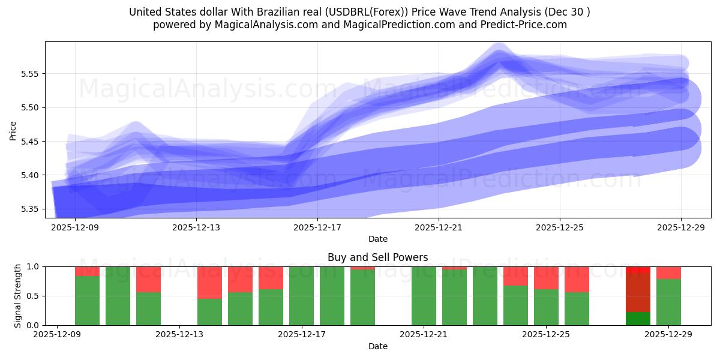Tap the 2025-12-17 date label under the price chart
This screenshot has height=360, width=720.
click(317, 228)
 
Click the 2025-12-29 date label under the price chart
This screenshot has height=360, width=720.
click(681, 228)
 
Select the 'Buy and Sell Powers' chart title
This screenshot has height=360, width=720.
click(377, 257)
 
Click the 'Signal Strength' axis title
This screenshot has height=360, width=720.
click(18, 295)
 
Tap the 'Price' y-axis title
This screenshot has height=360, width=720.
click(13, 130)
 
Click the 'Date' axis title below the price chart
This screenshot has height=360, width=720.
click(377, 239)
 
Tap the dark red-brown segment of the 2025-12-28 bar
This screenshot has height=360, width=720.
click(638, 293)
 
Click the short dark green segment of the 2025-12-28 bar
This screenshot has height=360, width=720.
click(638, 319)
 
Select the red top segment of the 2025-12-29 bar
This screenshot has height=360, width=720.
click(668, 272)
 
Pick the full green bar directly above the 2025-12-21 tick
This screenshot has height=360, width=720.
click(424, 296)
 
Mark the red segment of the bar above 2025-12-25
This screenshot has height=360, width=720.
click(546, 278)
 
